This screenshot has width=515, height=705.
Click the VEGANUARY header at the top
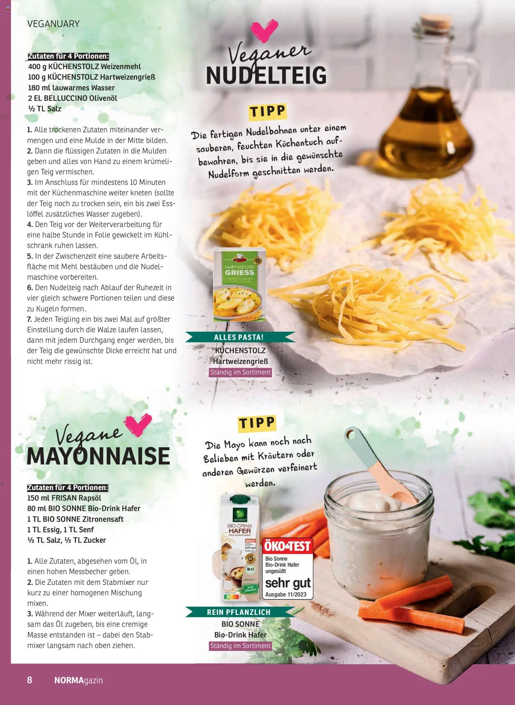pyautogui.click(x=53, y=24)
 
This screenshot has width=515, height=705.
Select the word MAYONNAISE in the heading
pyautogui.click(x=98, y=456)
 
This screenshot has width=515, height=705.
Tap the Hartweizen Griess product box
pyautogui.click(x=239, y=285)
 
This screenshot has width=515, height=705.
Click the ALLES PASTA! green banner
pyautogui.click(x=239, y=337)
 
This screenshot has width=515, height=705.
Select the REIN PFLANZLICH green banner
pyautogui.click(x=239, y=612)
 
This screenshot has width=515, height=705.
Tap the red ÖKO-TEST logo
pyautogui.click(x=287, y=546)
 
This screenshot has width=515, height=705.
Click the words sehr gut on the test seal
pyautogui.click(x=288, y=583)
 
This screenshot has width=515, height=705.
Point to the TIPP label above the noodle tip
pyautogui.click(x=267, y=111)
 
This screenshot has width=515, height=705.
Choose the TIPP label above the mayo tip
pyautogui.click(x=257, y=423)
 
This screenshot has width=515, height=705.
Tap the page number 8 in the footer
pyautogui.click(x=30, y=680)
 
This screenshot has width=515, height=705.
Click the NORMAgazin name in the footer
pyautogui.click(x=78, y=680)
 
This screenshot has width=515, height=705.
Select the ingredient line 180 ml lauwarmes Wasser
pyautogui.click(x=71, y=88)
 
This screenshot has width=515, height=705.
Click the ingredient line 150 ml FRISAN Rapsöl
pyautogui.click(x=64, y=498)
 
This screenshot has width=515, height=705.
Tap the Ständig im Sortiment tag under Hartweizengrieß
pyautogui.click(x=241, y=372)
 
